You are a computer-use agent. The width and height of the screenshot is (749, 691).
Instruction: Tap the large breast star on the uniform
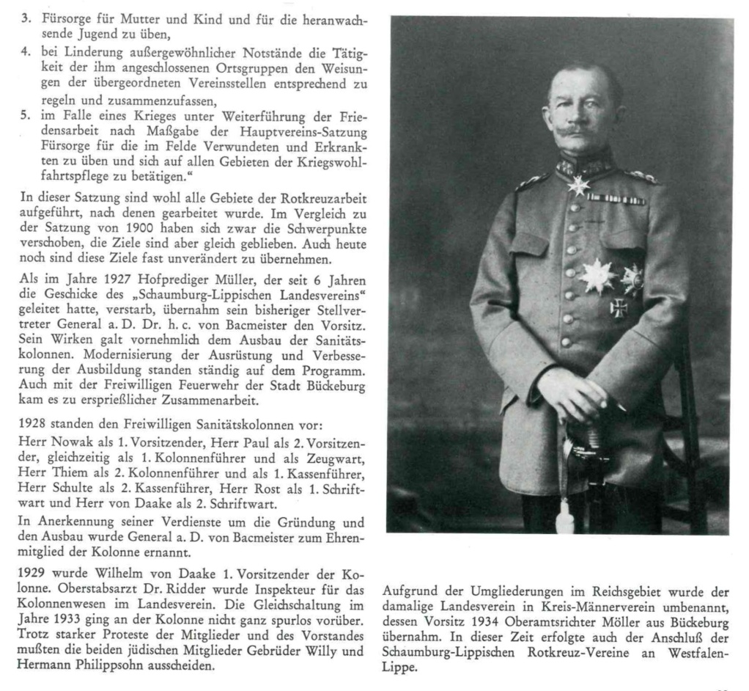tap(597, 275)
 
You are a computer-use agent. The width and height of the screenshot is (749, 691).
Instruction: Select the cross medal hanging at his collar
tap(579, 184)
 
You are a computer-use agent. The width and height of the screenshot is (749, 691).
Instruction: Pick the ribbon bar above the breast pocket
tap(616, 199)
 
